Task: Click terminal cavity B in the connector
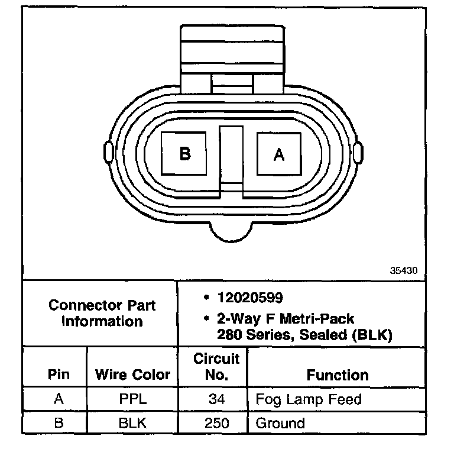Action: click(x=184, y=154)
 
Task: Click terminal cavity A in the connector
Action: click(x=279, y=154)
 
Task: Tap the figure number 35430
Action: click(x=404, y=270)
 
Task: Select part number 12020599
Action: click(x=250, y=298)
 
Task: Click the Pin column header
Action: click(x=59, y=374)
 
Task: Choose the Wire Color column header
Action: click(x=132, y=374)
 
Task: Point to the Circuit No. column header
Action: click(x=216, y=367)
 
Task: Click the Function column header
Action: click(x=338, y=375)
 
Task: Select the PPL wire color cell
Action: click(x=133, y=399)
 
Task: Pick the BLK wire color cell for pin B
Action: click(x=132, y=423)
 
